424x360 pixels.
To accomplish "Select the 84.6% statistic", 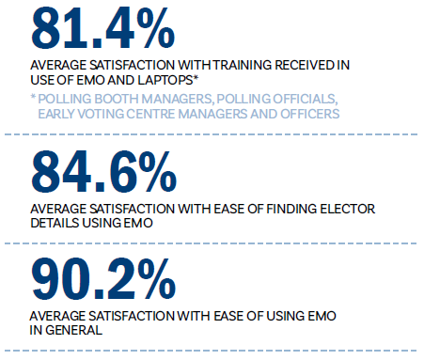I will pyautogui.click(x=102, y=171).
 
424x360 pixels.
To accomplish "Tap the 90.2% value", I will pyautogui.click(x=102, y=280).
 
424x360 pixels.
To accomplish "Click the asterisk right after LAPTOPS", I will pyautogui.click(x=186, y=79).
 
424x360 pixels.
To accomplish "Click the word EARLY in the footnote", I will pyautogui.click(x=58, y=114).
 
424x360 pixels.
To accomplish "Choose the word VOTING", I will pyautogui.click(x=108, y=114).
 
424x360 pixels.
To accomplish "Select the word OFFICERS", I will pyautogui.click(x=306, y=114).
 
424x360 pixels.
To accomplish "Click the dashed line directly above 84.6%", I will pyautogui.click(x=212, y=136).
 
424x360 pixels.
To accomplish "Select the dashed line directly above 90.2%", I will pyautogui.click(x=212, y=244).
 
